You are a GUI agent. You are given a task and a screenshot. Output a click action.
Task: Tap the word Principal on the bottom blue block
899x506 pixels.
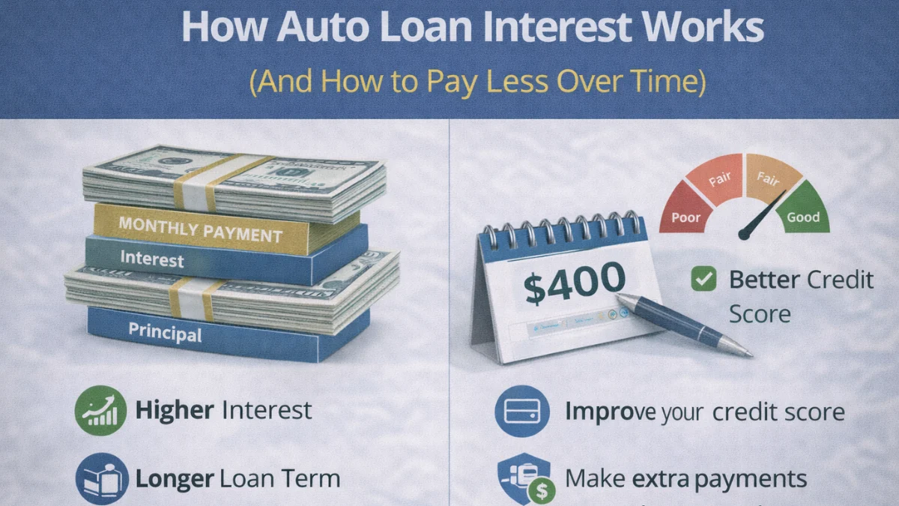pos(165,331)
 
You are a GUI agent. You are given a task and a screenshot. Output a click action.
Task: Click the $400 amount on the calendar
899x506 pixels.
pos(575,283)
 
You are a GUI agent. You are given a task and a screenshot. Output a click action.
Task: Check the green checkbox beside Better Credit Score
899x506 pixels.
pos(703,280)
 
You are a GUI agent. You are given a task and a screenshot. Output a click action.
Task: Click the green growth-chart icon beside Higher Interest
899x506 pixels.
pos(100,411)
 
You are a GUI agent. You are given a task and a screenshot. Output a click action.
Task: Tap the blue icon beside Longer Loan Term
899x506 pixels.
pos(100,478)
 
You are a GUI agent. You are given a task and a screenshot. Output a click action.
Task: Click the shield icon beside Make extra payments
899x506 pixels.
pos(523,478)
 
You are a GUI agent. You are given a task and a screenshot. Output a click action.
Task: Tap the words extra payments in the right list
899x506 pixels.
pos(719,478)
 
